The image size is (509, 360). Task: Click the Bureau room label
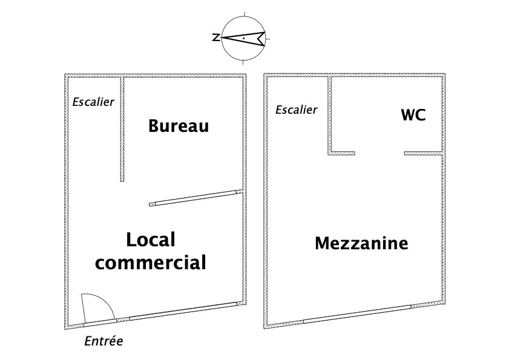pos(179,126)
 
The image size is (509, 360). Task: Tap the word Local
pos(151,240)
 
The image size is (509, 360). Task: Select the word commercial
pos(151,263)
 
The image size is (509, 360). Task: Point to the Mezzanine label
pos(361,243)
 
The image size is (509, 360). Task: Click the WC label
pos(413,115)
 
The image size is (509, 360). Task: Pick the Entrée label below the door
pos(104,341)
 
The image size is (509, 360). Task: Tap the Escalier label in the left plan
pos(93,102)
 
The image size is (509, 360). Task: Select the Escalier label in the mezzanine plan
pos(297,110)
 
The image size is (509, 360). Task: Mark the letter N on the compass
pos(215,38)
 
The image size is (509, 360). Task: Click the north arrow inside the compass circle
pos(243,38)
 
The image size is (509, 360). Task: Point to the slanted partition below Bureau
pos(196,197)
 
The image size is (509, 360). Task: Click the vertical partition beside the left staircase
pos(122,129)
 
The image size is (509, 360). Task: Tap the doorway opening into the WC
pos(379,153)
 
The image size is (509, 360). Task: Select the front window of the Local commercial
pos(183,311)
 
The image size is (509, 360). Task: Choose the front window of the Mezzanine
pos(357,313)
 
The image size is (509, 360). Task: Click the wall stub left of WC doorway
pos(341,153)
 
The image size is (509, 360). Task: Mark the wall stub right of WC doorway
pos(423,153)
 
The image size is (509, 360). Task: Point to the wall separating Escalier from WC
pos(329,115)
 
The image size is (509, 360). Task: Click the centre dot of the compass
pos(243,38)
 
